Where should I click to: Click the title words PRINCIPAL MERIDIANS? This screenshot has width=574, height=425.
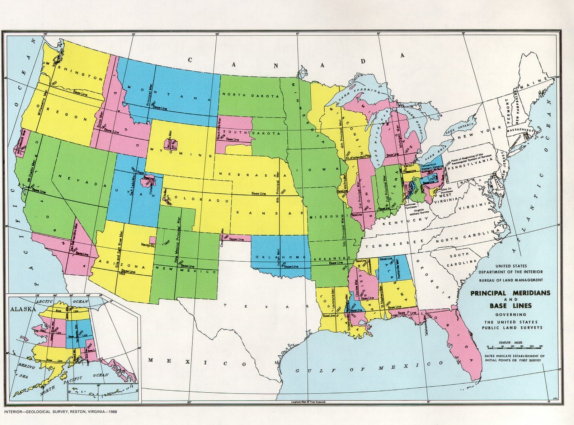coord(510,293)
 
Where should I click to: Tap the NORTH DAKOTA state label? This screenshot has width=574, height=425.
coord(250,95)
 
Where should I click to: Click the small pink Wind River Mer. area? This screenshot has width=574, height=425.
coord(169,144)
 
